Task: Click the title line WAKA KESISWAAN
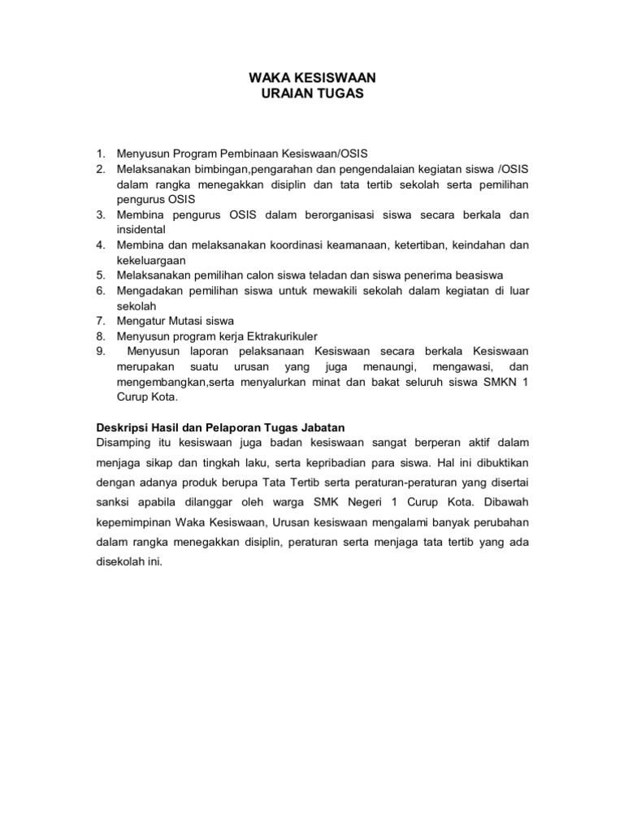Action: [312, 78]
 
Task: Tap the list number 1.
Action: [101, 153]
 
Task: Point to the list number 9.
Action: [101, 351]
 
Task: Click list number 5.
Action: [101, 275]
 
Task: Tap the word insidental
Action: [141, 230]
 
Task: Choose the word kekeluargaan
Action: [152, 260]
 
